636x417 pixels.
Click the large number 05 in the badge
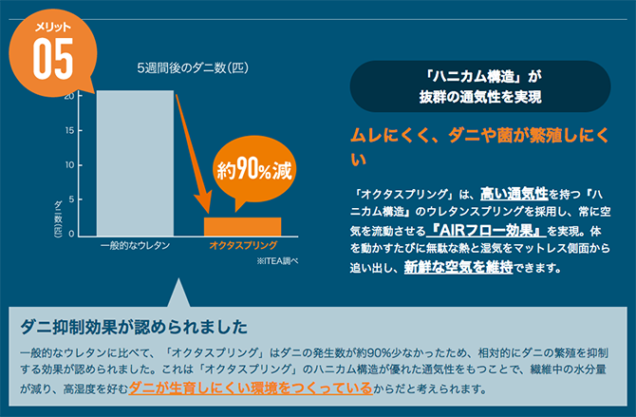53,59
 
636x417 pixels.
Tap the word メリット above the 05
53,28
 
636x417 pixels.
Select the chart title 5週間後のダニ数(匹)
193,67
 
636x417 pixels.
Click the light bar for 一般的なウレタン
135,162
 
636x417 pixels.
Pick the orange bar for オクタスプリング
242,227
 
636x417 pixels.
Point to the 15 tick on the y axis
69,131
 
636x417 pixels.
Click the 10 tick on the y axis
69,165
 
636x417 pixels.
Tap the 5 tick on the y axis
72,199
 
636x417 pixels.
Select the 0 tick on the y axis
72,234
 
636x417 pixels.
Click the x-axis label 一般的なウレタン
135,245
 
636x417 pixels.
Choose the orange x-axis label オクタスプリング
243,245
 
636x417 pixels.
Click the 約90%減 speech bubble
254,170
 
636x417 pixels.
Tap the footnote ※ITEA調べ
277,261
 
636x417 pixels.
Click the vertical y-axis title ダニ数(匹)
58,219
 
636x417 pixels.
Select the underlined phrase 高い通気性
514,194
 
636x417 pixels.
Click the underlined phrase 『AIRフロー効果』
486,231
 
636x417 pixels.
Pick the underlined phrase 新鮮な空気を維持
458,267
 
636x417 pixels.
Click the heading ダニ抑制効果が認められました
134,327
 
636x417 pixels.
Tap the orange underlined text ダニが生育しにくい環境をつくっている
251,389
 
